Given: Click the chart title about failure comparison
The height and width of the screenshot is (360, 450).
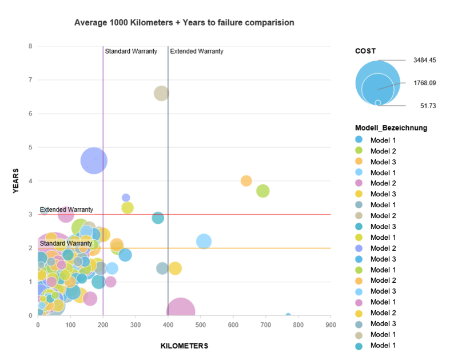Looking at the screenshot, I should pos(185,23).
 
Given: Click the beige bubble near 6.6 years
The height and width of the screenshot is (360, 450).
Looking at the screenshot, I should pos(161,93).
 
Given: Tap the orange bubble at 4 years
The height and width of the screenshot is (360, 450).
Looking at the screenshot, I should pos(246,181).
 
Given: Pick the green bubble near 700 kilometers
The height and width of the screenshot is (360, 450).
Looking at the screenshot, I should pos(263,191).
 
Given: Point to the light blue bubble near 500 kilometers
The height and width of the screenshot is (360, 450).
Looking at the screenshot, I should pos(204,242).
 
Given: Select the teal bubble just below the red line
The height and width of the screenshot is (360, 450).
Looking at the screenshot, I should pos(158,218).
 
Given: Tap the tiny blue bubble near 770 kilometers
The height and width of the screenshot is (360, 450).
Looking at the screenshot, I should pos(288,315).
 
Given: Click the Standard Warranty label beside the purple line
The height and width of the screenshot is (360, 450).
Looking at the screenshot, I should pos(131,52).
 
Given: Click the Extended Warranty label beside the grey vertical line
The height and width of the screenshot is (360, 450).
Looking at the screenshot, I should pos(197,52).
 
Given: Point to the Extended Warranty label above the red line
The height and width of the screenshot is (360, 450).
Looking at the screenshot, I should pos(66,210).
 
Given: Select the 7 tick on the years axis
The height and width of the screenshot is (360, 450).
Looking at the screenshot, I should pos(30,80).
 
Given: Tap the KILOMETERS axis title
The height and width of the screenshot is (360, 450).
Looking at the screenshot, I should pos(184,346).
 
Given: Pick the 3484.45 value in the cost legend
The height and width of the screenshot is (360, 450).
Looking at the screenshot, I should pos(425,60).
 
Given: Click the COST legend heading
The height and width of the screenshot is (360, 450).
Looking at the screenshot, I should pos(365,51).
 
